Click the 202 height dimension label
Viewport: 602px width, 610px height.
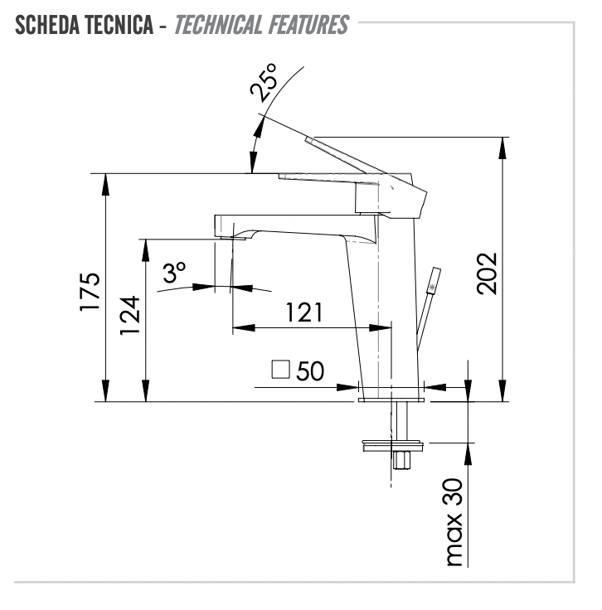pos(488,274)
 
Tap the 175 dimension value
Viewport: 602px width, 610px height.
pos(90,292)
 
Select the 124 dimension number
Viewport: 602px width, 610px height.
pos(129,315)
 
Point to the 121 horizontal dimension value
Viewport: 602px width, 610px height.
pos(304,312)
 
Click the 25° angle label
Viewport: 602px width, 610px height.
pos(263,83)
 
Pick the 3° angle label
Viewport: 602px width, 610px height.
pos(174,272)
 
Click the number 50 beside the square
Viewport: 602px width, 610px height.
pos(310,370)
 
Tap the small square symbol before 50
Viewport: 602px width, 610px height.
pos(280,370)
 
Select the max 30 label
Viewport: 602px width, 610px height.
pos(454,522)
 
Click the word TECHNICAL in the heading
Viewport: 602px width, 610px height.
pos(219,25)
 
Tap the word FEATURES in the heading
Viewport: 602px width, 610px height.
pos(309,25)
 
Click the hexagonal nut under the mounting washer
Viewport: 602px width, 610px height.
pos(401,460)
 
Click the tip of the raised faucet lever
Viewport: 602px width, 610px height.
pos(308,139)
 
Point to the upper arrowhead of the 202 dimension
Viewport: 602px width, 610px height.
pos(502,148)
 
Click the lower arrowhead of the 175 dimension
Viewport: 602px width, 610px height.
pos(105,390)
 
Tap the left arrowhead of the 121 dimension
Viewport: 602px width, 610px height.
pos(244,328)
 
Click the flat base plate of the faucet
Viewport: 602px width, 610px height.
pos(391,399)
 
